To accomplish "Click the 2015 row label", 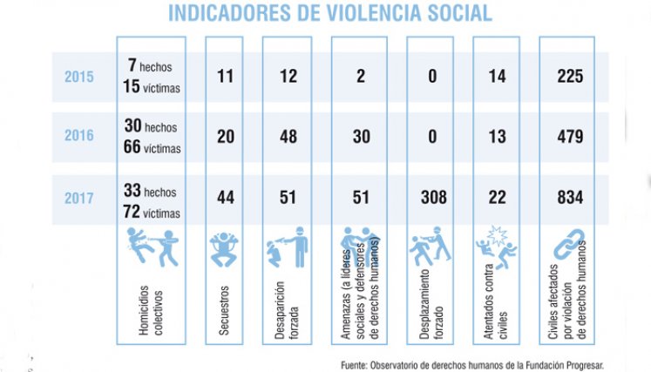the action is [x=79, y=77].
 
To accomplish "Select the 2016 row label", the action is [x=79, y=135].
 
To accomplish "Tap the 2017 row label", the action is [x=79, y=198].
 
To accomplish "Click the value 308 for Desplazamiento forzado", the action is [x=433, y=197].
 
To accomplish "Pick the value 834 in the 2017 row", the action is [x=570, y=197].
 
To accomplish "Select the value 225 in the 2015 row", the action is [x=570, y=76].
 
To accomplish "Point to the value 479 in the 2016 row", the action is [x=570, y=137].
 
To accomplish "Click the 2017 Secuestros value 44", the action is [x=226, y=197].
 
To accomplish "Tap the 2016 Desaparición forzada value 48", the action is [x=288, y=137].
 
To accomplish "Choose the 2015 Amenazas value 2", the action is [x=361, y=76].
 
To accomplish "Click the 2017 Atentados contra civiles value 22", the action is [x=497, y=197].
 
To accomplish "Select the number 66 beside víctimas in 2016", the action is [x=132, y=146].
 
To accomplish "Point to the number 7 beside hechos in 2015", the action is [x=132, y=64].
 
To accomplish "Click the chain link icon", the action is [x=569, y=243].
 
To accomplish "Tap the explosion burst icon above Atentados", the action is [x=497, y=236].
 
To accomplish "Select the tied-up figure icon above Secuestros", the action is [x=224, y=249].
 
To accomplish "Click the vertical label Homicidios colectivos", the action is [x=151, y=310].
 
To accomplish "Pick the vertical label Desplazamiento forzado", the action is [x=431, y=304].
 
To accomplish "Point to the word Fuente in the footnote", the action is [x=354, y=365].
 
